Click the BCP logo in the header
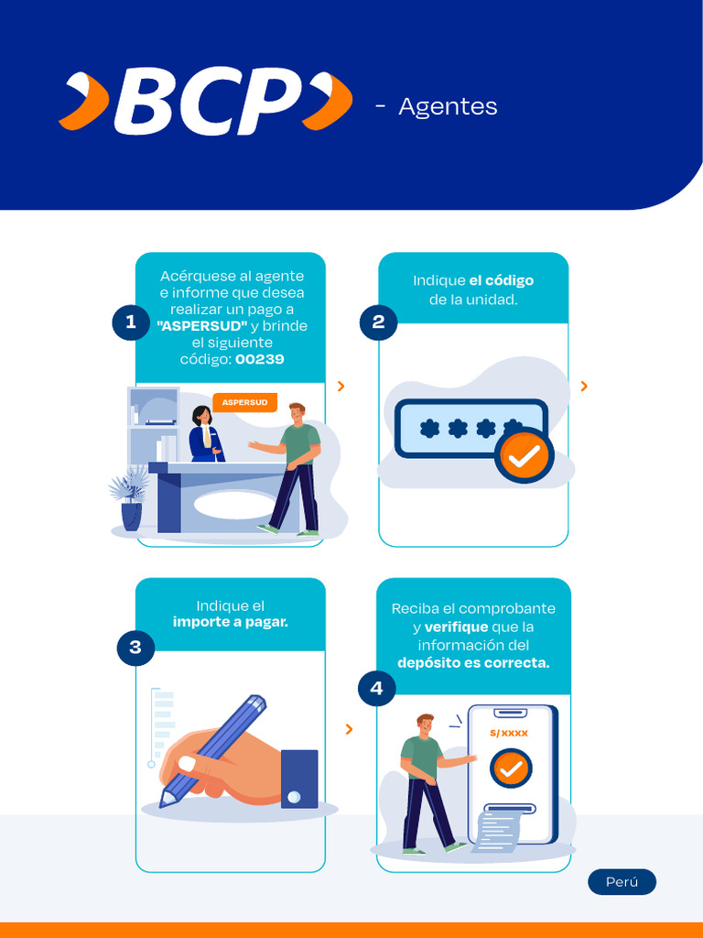click(x=205, y=101)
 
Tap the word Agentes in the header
click(x=448, y=107)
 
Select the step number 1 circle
click(x=131, y=322)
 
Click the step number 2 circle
click(x=378, y=322)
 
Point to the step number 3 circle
click(x=135, y=647)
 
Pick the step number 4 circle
click(x=376, y=688)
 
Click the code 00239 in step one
click(x=259, y=359)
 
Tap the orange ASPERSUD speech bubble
click(x=244, y=403)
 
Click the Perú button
click(x=622, y=882)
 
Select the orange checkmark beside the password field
click(x=525, y=456)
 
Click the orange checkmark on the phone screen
click(x=511, y=769)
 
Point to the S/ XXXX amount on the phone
click(x=509, y=733)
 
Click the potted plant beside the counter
click(x=129, y=498)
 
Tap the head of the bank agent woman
click(x=202, y=416)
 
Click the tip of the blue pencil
click(x=162, y=803)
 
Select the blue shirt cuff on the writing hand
click(x=299, y=780)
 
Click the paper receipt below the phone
click(x=499, y=828)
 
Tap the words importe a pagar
click(x=230, y=622)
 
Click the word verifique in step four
click(x=456, y=627)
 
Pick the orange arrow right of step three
click(x=349, y=729)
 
